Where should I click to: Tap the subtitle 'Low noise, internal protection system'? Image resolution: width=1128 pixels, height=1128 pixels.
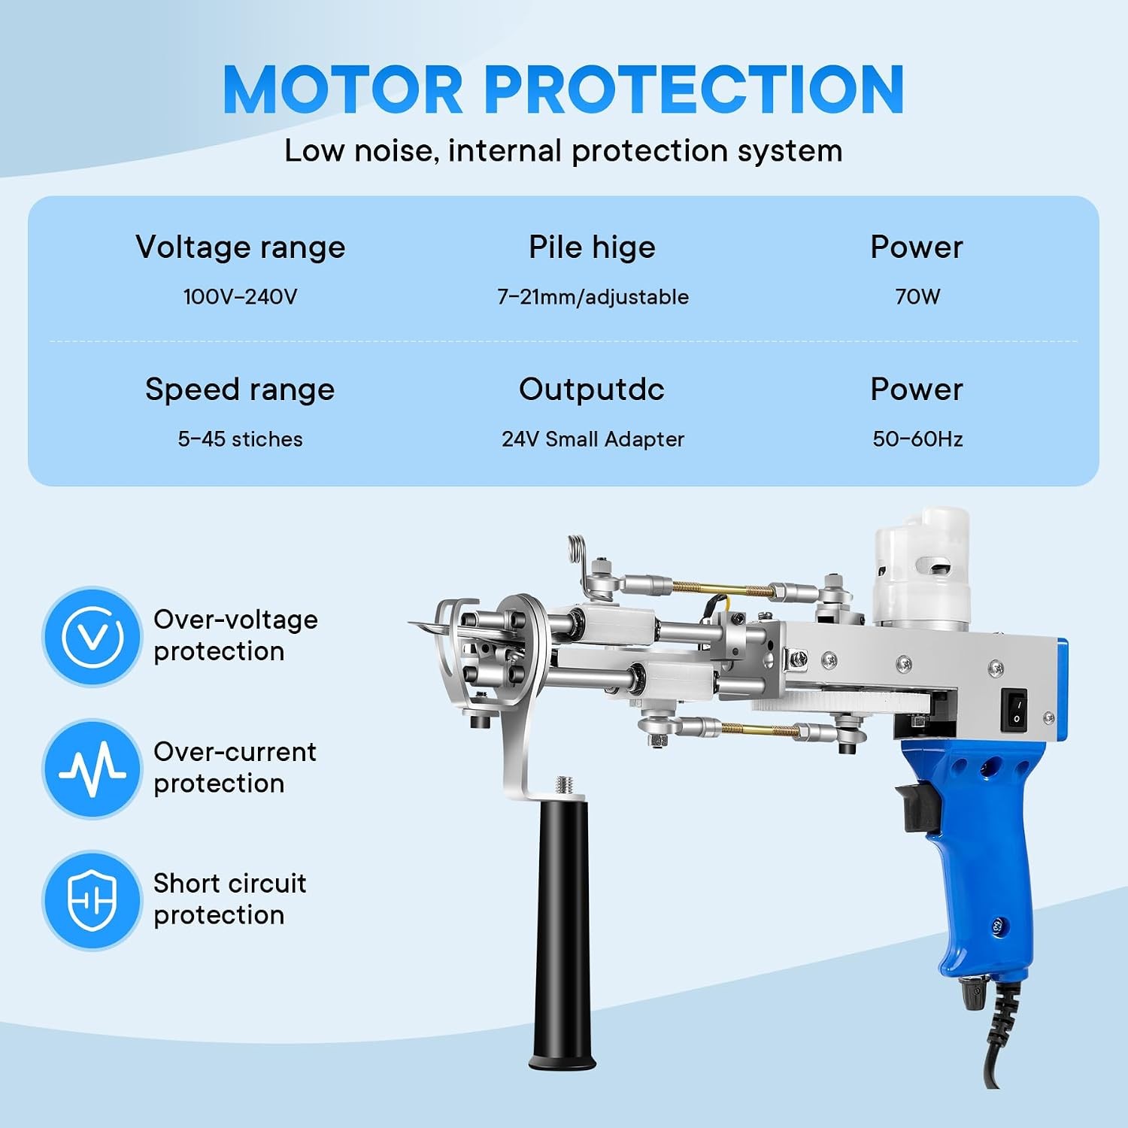pos(563,151)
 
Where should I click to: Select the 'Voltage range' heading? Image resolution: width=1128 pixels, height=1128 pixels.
pos(241,247)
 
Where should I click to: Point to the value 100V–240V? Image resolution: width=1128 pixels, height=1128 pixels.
pos(241,296)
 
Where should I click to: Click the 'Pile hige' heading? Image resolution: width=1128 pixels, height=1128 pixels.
pos(592,247)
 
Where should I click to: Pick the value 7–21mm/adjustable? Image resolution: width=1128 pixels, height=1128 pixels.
pos(593,297)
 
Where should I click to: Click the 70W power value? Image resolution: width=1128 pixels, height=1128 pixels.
pos(917,296)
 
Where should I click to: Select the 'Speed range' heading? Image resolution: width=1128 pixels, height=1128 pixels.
pos(240,390)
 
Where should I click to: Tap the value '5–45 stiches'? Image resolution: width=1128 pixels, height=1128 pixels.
pos(240,439)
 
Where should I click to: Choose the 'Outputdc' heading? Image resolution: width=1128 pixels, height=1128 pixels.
pos(592,390)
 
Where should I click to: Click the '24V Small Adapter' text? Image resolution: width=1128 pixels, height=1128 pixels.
pos(593,439)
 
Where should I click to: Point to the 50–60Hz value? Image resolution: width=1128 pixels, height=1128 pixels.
pos(917,439)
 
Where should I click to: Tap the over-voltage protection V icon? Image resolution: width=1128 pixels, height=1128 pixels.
pos(92,637)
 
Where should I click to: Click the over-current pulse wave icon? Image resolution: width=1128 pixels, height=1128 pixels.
pos(92,769)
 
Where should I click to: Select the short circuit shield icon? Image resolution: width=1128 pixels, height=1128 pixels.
pos(92,900)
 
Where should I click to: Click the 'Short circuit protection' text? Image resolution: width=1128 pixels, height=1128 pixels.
pos(229,899)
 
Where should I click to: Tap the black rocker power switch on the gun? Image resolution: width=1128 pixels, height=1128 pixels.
pos(1016,711)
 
